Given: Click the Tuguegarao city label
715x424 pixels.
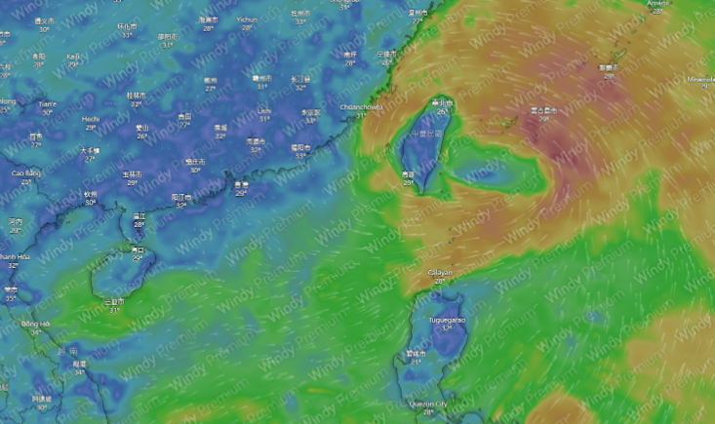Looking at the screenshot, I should (448, 319).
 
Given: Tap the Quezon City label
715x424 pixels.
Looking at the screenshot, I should (430, 404).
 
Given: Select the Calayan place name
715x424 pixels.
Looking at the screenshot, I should (440, 272).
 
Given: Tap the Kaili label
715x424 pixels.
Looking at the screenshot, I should (74, 56).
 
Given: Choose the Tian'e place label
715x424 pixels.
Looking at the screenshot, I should (46, 103).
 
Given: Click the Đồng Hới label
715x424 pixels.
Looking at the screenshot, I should (36, 324).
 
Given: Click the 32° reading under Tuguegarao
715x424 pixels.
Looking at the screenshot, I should (447, 328).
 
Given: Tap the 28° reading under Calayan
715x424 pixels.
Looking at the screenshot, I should (440, 281).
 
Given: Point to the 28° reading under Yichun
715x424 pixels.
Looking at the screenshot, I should (247, 28).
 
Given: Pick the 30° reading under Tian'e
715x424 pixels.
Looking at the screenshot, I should (45, 112).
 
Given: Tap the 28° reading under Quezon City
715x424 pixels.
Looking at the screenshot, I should (429, 412).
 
